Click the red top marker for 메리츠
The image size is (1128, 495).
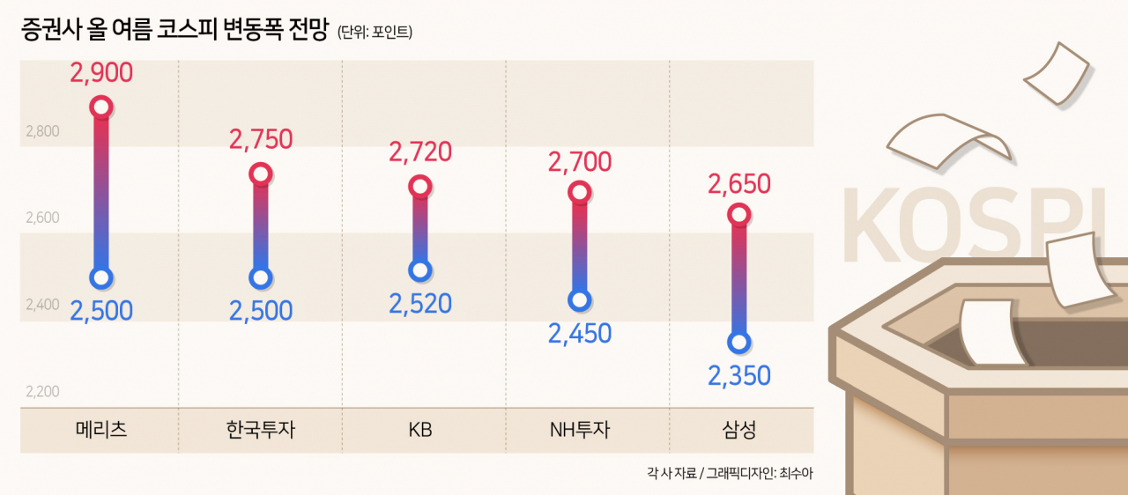(x=101, y=107)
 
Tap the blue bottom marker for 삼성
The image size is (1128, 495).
(x=738, y=343)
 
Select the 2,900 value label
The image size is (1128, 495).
(x=101, y=73)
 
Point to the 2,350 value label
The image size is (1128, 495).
(x=738, y=376)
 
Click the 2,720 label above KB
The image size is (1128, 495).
(x=420, y=151)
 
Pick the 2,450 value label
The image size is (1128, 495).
(x=580, y=334)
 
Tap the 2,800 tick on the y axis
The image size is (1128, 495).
(x=42, y=131)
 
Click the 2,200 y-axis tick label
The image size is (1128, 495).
(x=42, y=391)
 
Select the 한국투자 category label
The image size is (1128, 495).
(x=260, y=430)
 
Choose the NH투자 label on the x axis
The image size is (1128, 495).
(x=580, y=430)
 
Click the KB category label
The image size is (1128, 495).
(x=420, y=430)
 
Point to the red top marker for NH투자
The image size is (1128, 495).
(x=580, y=192)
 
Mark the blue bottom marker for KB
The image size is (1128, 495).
(x=420, y=270)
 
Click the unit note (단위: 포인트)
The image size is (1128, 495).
(x=375, y=33)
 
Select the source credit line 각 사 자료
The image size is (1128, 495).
(x=672, y=473)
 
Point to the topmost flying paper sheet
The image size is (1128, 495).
(x=1057, y=74)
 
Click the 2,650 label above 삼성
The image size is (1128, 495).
(x=738, y=184)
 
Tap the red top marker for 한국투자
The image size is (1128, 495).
(x=260, y=174)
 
